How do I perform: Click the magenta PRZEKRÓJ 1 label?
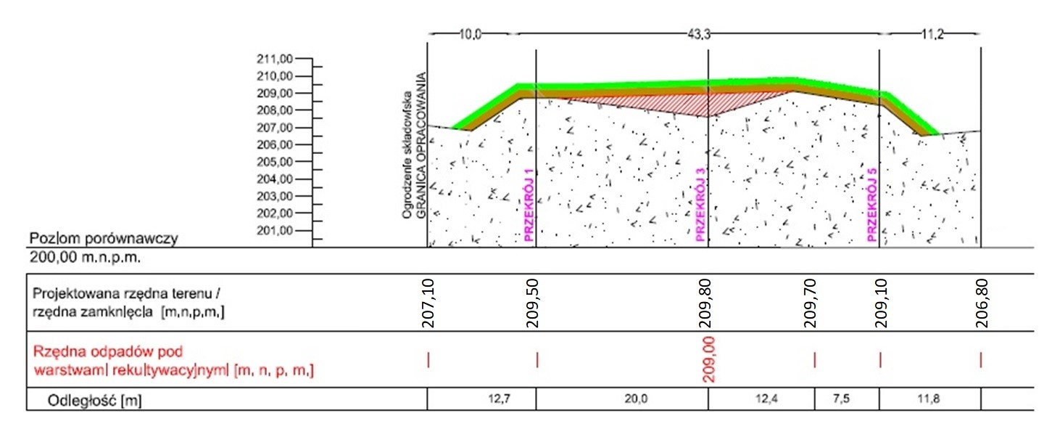[528, 205]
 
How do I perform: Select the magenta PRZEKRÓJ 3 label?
[700, 205]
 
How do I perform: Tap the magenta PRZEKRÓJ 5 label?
[871, 205]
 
